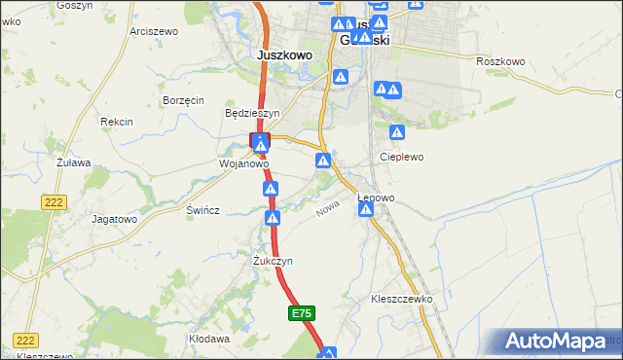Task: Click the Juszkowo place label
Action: pyautogui.click(x=284, y=55)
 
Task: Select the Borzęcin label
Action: pyautogui.click(x=183, y=100)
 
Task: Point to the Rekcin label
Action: pyautogui.click(x=116, y=122)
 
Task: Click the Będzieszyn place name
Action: pyautogui.click(x=252, y=113)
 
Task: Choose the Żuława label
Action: pyautogui.click(x=72, y=162)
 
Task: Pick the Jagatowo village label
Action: pyautogui.click(x=114, y=219)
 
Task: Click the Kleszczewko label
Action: pyautogui.click(x=401, y=299)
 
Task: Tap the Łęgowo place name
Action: pyautogui.click(x=376, y=198)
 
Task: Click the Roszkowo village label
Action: pyautogui.click(x=500, y=61)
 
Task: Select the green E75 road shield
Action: pyautogui.click(x=302, y=313)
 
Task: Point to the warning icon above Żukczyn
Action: pyautogui.click(x=272, y=218)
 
